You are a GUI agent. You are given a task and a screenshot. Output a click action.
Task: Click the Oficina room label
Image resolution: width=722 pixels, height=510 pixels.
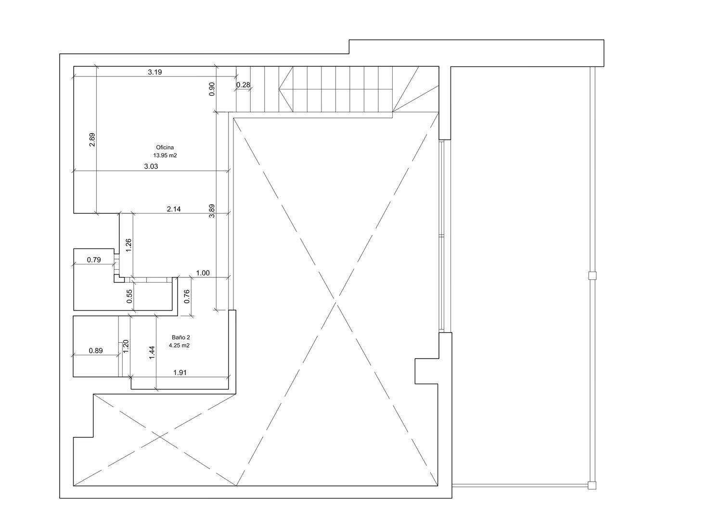165,148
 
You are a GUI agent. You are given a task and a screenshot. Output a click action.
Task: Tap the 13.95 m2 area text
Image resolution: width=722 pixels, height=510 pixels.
165,156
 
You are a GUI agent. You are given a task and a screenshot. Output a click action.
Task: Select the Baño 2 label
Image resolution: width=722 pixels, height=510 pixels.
181,337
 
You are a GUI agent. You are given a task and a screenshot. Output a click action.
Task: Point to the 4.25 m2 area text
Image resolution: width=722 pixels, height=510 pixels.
179,346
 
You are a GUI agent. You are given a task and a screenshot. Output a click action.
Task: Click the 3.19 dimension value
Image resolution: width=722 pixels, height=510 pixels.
155,72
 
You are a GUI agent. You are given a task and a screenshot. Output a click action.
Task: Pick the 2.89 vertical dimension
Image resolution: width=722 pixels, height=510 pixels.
92,140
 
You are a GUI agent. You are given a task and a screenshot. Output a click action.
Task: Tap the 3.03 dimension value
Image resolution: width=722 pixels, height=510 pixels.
151,166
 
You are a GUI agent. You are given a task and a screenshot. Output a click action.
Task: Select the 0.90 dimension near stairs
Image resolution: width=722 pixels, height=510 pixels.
212,89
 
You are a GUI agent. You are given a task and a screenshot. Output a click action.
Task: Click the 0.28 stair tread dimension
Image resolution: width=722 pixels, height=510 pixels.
243,85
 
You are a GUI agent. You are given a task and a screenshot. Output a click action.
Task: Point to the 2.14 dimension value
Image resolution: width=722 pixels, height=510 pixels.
174,209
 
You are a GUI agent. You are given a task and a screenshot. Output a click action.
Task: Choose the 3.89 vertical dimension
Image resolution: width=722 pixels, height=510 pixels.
212,211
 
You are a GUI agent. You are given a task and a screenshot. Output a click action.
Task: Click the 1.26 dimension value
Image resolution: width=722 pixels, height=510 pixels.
129,245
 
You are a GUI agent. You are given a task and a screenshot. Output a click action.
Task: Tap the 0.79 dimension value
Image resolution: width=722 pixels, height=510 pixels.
94,260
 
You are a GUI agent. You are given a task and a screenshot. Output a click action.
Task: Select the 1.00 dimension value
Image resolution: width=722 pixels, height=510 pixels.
203,273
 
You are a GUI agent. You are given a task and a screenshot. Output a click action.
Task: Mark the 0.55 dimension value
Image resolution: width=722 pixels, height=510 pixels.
129,296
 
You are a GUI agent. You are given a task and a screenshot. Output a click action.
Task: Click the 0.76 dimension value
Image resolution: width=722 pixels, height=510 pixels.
187,297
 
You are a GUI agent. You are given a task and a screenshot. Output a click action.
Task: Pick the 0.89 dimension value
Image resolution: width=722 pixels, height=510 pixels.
96,350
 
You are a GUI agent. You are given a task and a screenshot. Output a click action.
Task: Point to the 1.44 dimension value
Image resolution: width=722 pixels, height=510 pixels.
153,352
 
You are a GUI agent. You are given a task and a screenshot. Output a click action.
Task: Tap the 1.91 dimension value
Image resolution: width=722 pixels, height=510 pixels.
180,373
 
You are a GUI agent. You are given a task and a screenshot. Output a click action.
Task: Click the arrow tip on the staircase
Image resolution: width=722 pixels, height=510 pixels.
279,89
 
